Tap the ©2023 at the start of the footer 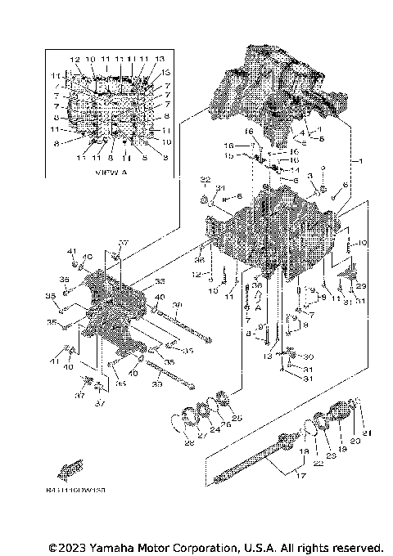pos(68,547)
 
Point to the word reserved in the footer pos(356,547)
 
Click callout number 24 pos(215,428)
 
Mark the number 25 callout pos(237,419)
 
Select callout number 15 pos(230,155)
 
